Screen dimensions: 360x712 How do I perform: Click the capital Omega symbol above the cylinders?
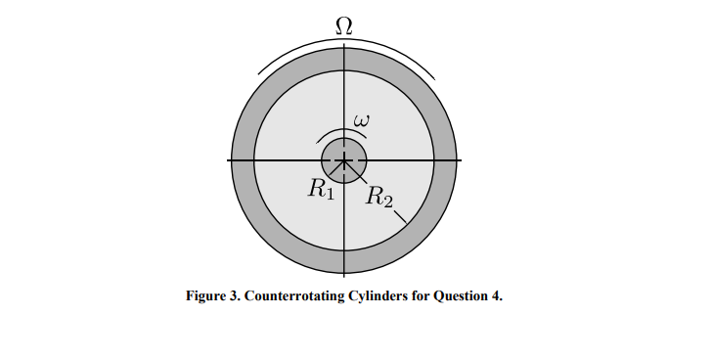[x=344, y=22]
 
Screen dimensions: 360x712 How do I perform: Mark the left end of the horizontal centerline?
[x=229, y=159]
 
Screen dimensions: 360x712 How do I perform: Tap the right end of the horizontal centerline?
[x=461, y=159]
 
